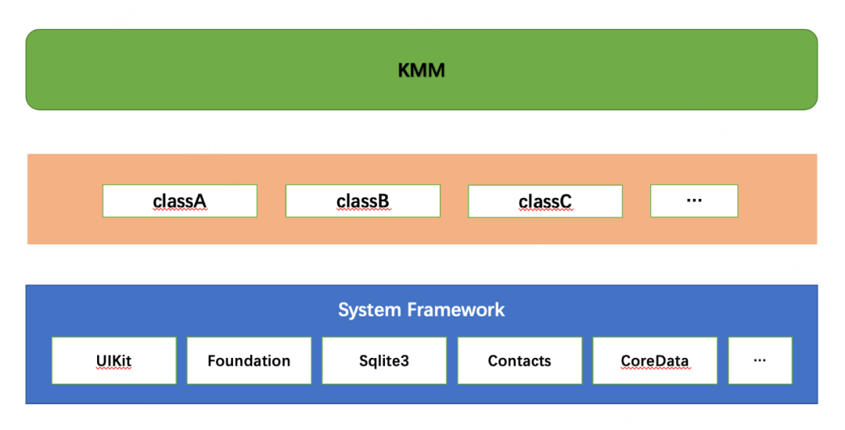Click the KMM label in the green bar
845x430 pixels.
421,70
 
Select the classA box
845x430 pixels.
179,201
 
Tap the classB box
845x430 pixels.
362,201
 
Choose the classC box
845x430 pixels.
545,201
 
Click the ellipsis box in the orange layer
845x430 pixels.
693,201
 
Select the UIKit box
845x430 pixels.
113,360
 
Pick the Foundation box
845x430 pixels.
249,360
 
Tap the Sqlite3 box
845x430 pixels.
384,360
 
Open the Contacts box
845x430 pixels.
520,360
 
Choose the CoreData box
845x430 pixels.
655,360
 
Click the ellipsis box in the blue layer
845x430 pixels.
760,360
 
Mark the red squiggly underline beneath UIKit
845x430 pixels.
113,370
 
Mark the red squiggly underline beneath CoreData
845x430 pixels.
655,370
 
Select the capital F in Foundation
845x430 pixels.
212,361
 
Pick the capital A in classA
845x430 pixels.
200,201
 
